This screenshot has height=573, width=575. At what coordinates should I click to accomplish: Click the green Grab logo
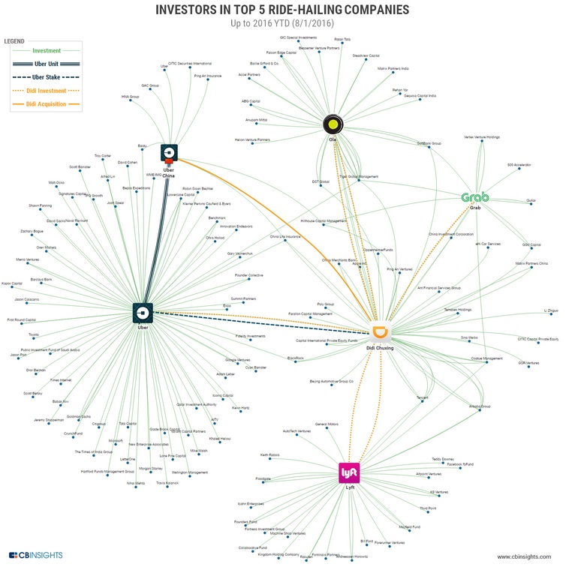pos(474,198)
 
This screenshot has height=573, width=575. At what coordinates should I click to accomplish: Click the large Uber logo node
pos(143,313)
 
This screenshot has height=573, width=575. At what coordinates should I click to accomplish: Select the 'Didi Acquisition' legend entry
pos(47,104)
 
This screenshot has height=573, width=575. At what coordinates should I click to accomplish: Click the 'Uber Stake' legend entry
pos(47,77)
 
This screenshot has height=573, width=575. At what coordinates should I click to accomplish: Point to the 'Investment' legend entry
pos(47,51)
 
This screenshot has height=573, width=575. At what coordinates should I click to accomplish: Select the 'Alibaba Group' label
pos(480,406)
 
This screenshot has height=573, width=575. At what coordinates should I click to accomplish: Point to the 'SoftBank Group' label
pos(429,142)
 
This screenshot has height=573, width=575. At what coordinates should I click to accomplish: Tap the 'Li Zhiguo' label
pos(551,310)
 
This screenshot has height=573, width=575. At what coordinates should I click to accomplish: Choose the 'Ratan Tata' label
pos(342,38)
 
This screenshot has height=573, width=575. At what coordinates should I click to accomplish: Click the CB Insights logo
pos(35,556)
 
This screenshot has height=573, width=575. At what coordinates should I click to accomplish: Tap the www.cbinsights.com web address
pos(524,556)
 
